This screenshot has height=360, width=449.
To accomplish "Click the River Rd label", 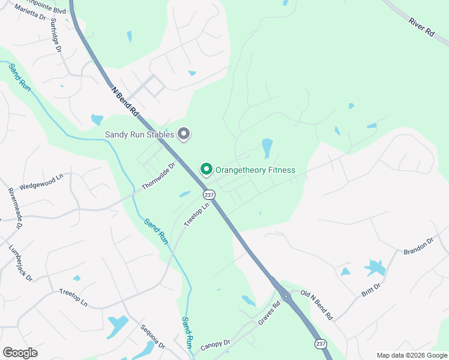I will [421, 29].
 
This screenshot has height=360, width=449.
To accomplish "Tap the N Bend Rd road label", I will [125, 101].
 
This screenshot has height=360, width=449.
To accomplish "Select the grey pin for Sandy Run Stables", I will [184, 134].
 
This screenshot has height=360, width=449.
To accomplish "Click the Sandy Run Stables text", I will [139, 134].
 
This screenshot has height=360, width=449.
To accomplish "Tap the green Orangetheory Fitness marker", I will [206, 170].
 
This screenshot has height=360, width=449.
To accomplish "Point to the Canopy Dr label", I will [215, 344].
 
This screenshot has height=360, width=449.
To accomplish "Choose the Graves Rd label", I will [269, 314].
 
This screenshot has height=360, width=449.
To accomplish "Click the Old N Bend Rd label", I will [316, 304].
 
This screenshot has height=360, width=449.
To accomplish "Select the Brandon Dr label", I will [418, 245].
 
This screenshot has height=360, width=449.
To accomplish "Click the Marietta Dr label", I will [30, 13].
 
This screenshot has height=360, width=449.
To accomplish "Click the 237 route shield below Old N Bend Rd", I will [320, 344].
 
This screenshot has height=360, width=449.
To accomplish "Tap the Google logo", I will [20, 353].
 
